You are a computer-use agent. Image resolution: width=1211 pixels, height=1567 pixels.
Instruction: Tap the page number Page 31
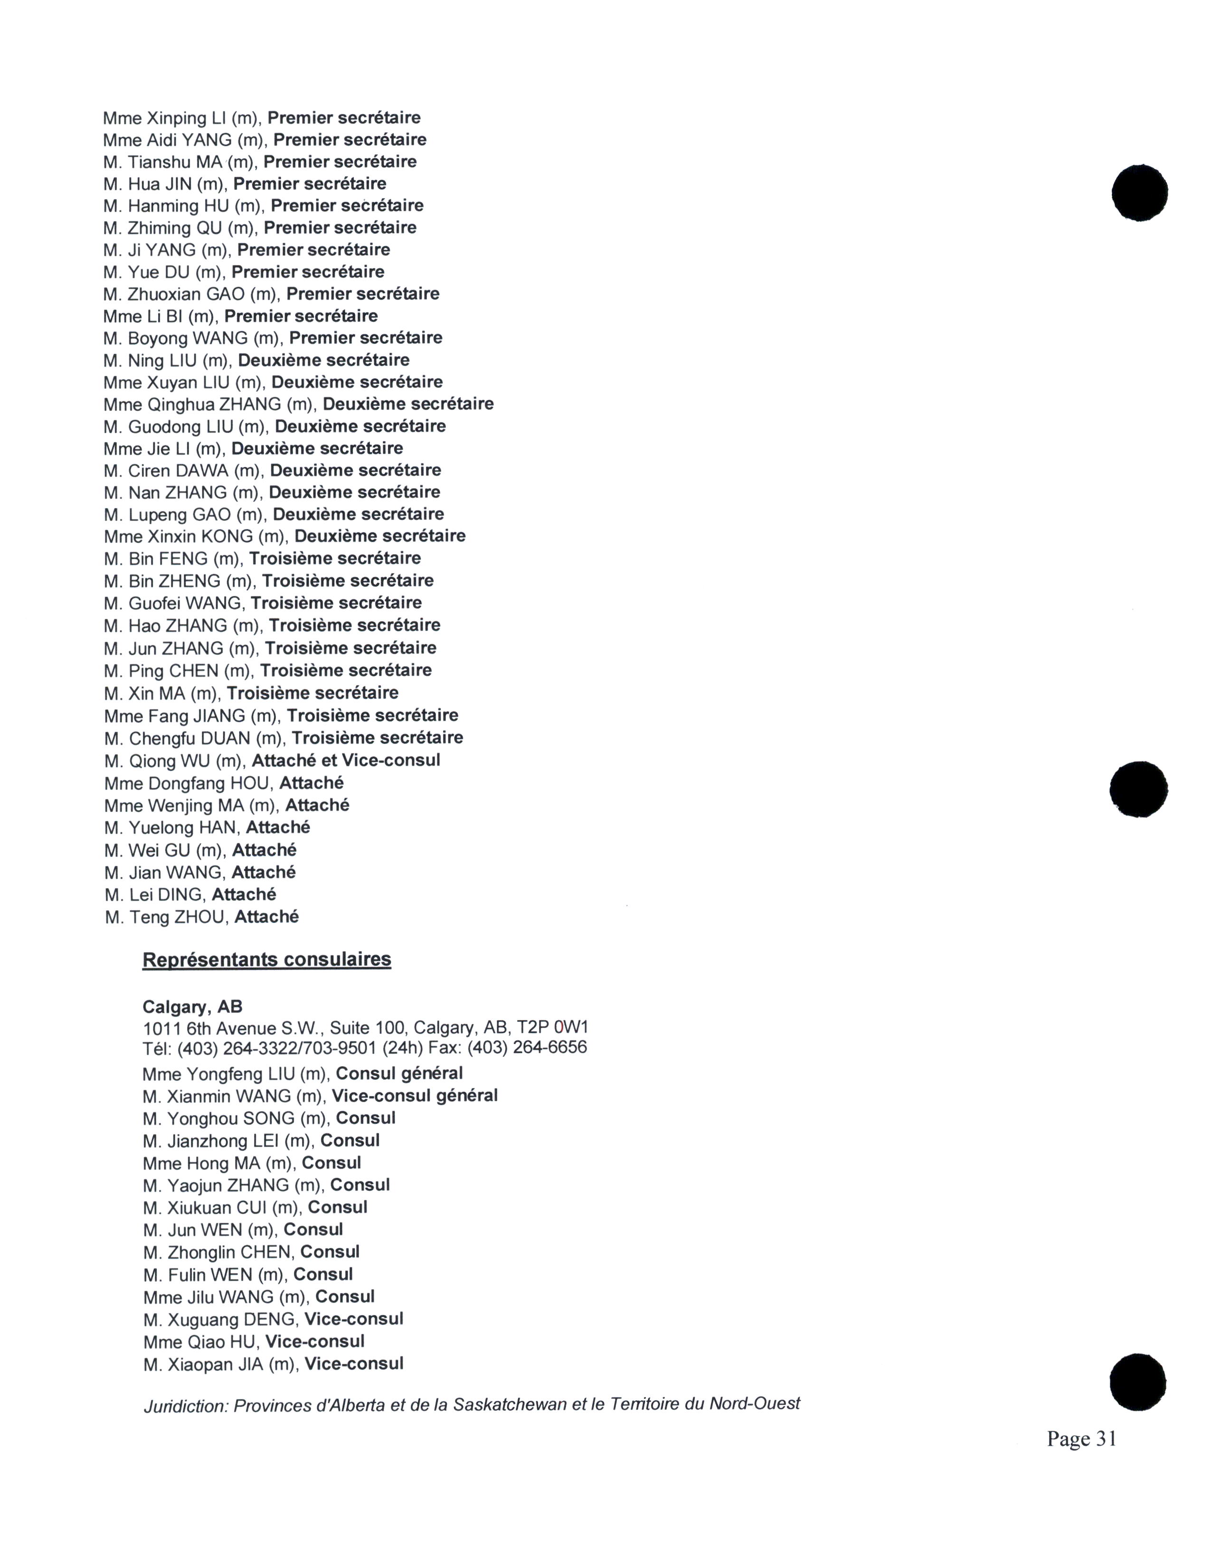(1081, 1439)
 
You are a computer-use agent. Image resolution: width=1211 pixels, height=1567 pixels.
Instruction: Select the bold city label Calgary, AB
(192, 1007)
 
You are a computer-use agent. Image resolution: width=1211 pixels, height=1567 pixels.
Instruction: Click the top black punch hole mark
(1139, 193)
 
